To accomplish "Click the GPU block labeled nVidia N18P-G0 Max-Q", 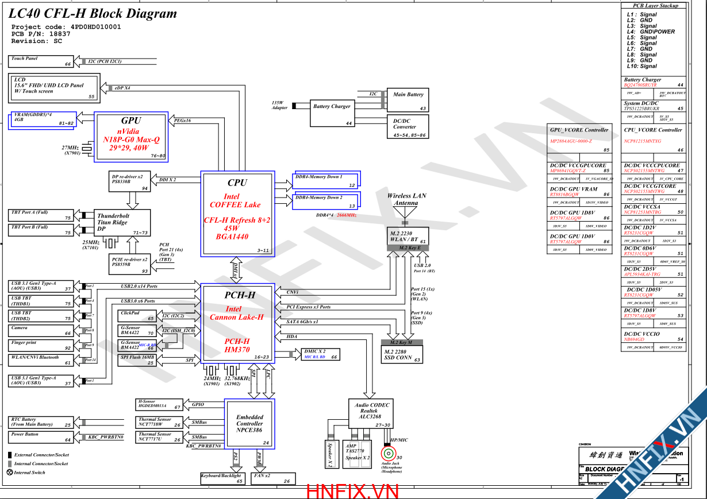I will [x=130, y=136].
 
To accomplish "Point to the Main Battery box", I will [x=408, y=100].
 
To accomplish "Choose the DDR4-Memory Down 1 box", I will [x=327, y=180].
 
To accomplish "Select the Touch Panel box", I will [x=41, y=61].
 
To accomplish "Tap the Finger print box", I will [x=41, y=345].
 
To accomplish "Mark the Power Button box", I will [x=41, y=437].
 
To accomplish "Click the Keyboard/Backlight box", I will [x=222, y=478].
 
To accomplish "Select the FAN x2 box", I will [x=273, y=478].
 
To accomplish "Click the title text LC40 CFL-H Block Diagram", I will [x=94, y=14].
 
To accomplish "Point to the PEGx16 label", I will [x=182, y=121].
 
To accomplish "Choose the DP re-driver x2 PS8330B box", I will [x=129, y=181].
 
